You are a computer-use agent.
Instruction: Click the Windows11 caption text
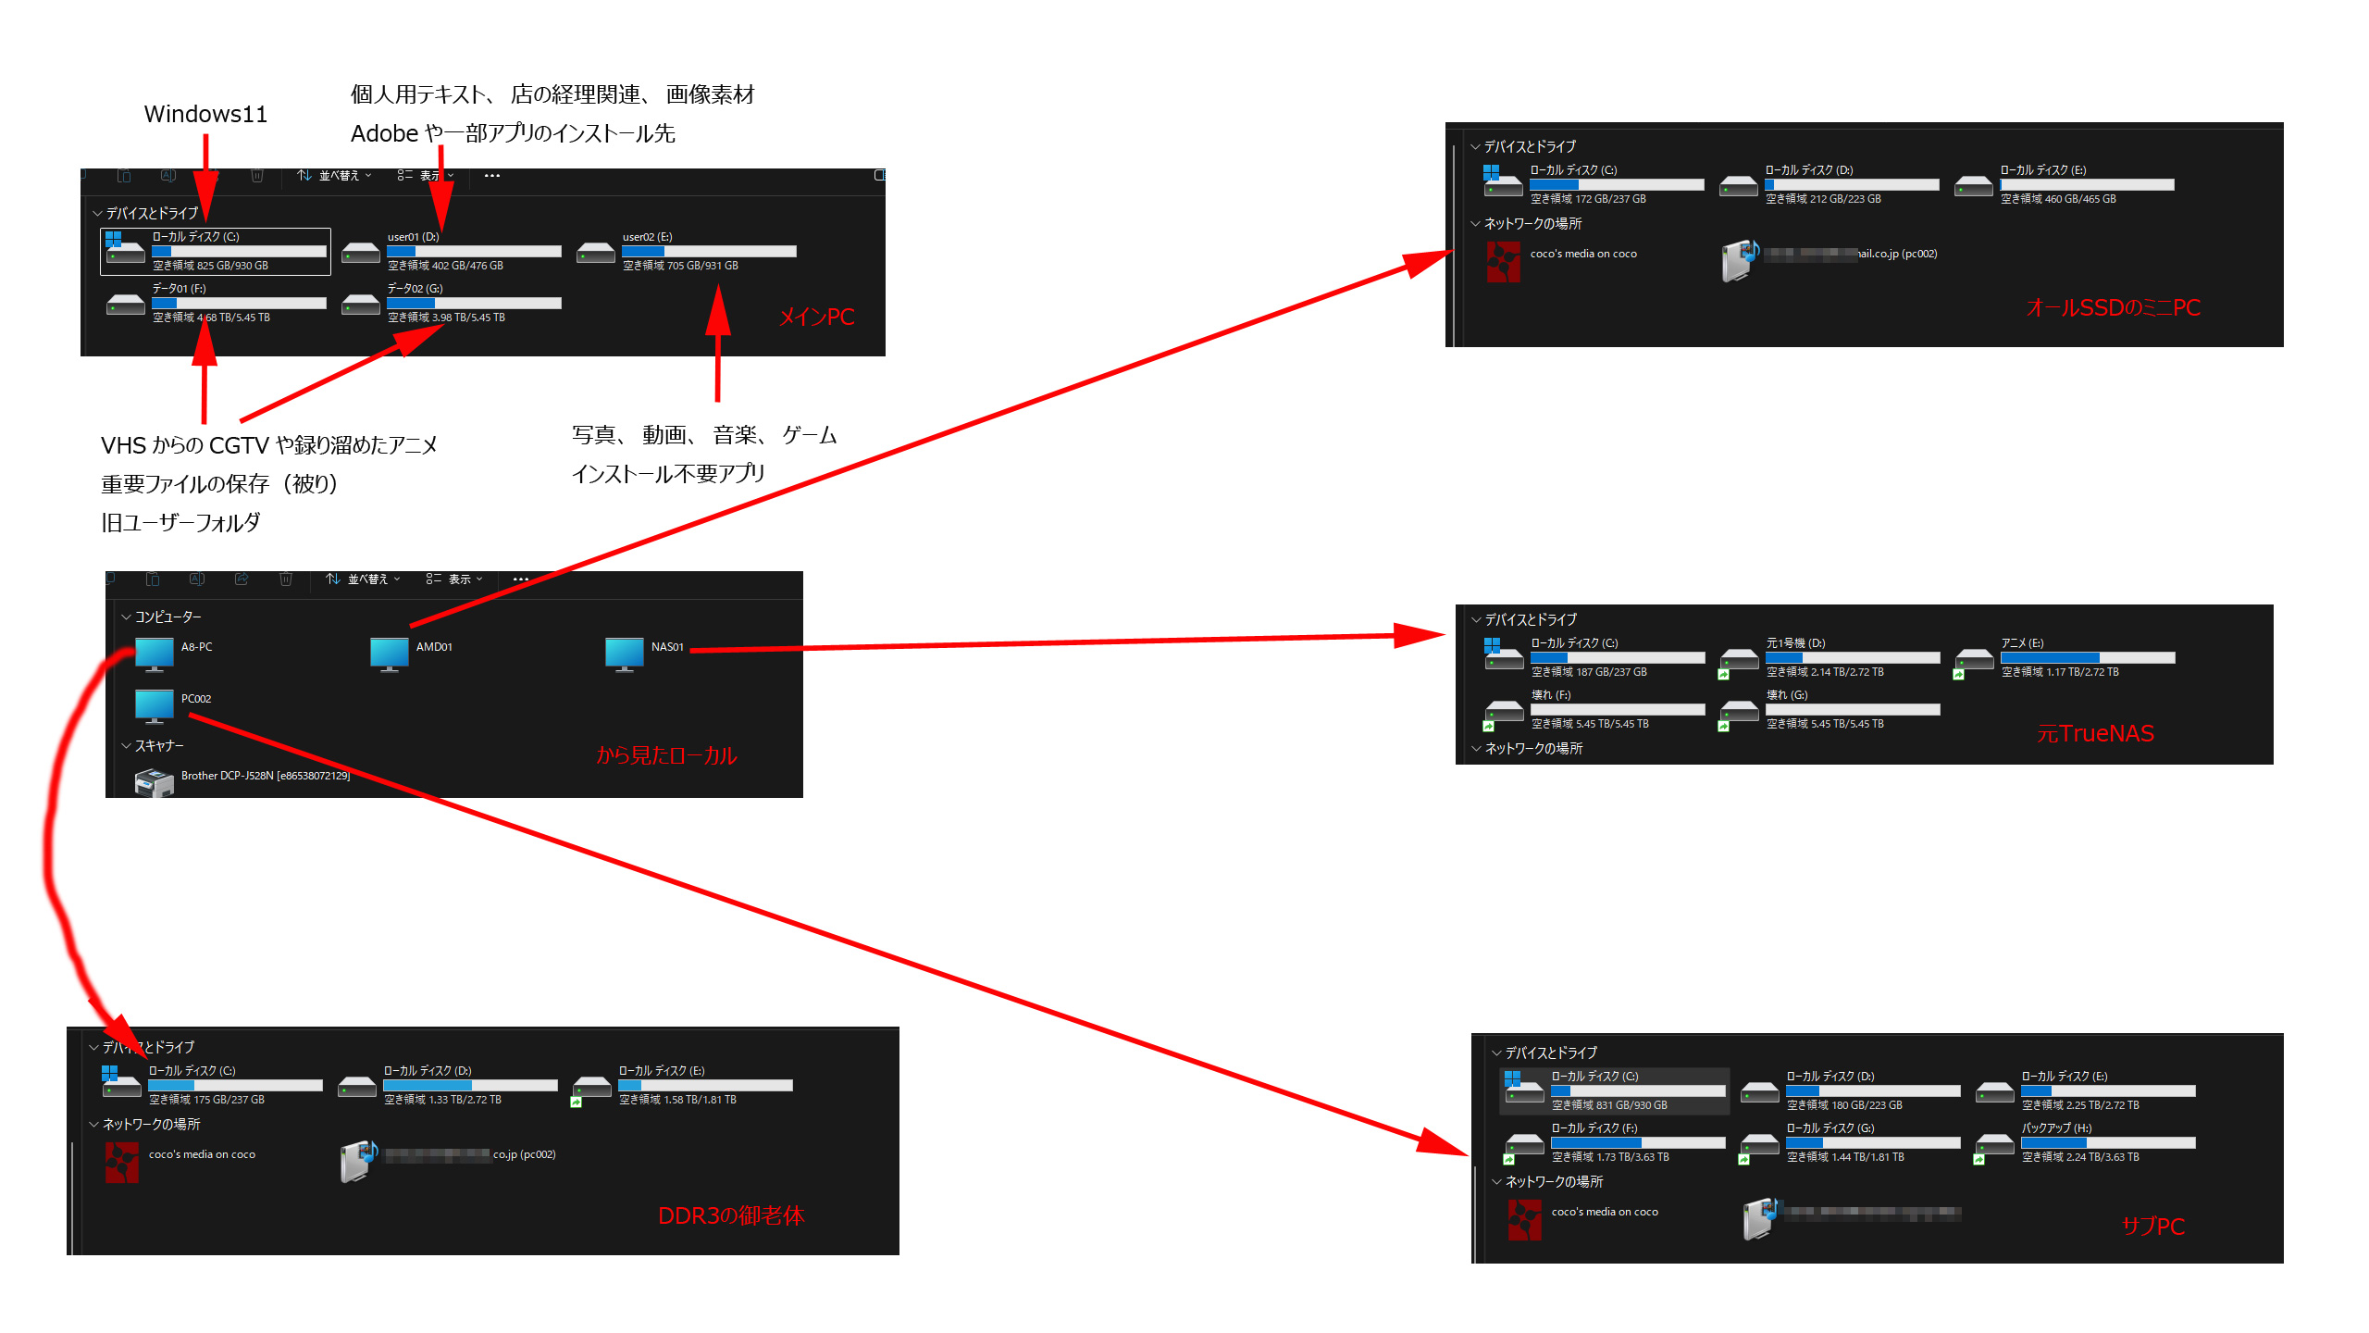click(x=205, y=114)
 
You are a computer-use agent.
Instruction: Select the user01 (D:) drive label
click(x=413, y=237)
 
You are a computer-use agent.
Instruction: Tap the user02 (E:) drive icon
click(x=595, y=252)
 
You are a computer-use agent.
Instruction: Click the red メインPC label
click(x=816, y=318)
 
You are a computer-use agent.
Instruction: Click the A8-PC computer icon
click(x=154, y=653)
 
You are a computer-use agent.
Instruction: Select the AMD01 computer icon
click(x=389, y=653)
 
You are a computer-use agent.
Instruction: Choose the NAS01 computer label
click(x=667, y=647)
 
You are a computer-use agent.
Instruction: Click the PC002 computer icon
click(x=154, y=704)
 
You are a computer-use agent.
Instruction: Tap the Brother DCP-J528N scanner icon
click(x=154, y=783)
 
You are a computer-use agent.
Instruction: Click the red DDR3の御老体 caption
click(x=731, y=1215)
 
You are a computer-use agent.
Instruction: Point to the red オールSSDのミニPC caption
click(x=2113, y=307)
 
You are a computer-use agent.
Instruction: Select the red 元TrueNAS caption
click(x=2095, y=734)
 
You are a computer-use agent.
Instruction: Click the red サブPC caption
click(x=2152, y=1227)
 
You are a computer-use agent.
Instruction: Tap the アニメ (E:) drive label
click(x=2022, y=643)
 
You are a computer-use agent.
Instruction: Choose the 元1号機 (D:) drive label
click(x=1795, y=643)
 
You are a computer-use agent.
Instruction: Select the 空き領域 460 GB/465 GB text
click(x=2058, y=199)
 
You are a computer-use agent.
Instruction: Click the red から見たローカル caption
click(x=666, y=755)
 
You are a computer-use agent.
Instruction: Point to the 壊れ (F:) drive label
click(x=1551, y=695)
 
